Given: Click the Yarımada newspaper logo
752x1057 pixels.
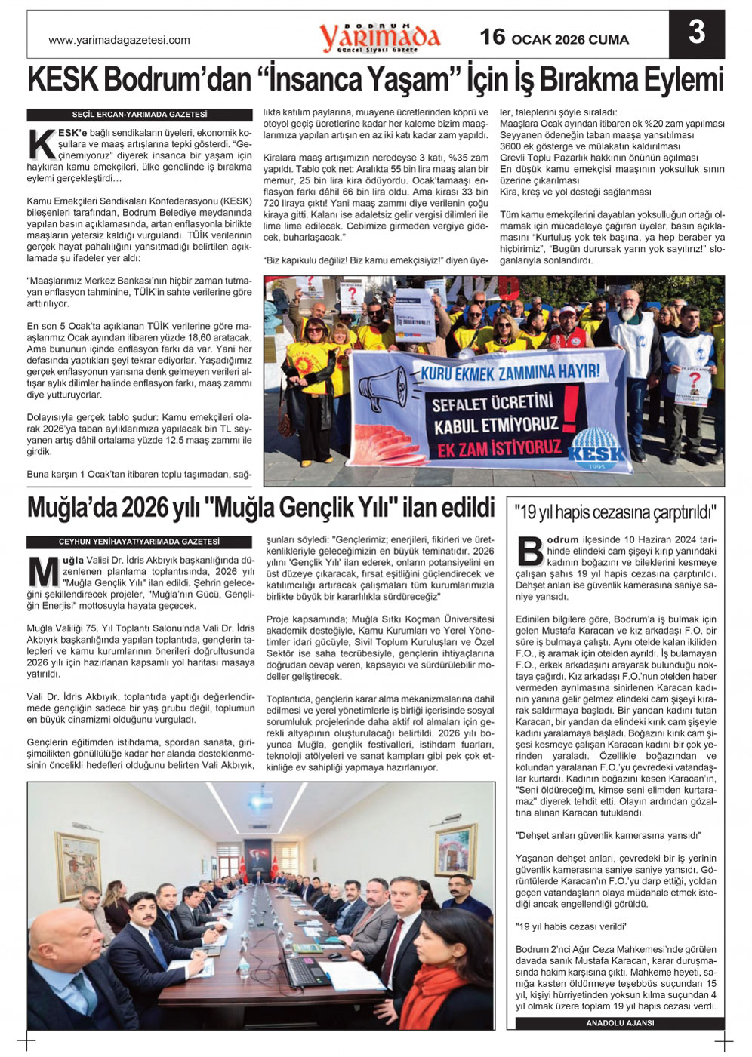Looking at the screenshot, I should pyautogui.click(x=379, y=36).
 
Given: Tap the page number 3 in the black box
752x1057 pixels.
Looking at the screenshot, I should pyautogui.click(x=696, y=32).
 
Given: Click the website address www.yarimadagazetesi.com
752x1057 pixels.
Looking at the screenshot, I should pyautogui.click(x=119, y=40).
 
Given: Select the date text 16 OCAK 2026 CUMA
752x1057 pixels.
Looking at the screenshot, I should pyautogui.click(x=554, y=38).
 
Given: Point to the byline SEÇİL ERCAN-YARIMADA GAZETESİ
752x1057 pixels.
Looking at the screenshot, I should pyautogui.click(x=139, y=115).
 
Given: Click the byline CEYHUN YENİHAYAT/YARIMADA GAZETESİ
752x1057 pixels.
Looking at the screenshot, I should pyautogui.click(x=139, y=542).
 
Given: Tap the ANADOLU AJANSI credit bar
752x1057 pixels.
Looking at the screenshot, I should pyautogui.click(x=619, y=1023).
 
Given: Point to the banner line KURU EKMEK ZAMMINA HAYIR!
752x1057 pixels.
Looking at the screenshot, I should pyautogui.click(x=510, y=372).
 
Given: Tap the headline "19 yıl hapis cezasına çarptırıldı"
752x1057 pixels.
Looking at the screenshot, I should pyautogui.click(x=615, y=513).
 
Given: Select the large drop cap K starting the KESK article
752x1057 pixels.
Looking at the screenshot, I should pyautogui.click(x=41, y=143).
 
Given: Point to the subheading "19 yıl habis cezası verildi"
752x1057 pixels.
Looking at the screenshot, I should pyautogui.click(x=572, y=926).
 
